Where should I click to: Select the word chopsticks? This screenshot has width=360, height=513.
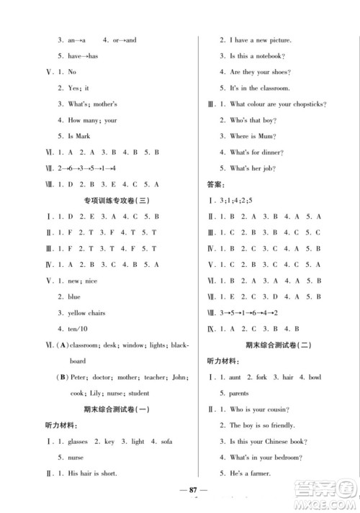[307, 104]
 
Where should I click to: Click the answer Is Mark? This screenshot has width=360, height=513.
[76, 137]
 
